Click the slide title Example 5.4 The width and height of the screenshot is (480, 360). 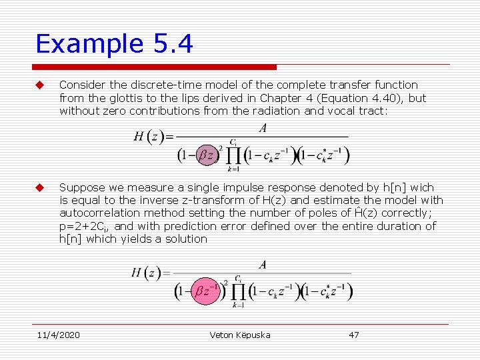pyautogui.click(x=114, y=44)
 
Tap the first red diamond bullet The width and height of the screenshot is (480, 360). pyautogui.click(x=39, y=85)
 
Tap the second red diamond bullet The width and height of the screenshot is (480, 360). pyautogui.click(x=39, y=188)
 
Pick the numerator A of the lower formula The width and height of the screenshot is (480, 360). pyautogui.click(x=263, y=265)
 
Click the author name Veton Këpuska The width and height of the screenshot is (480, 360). pyautogui.click(x=240, y=335)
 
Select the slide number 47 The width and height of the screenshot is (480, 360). pyautogui.click(x=354, y=335)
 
